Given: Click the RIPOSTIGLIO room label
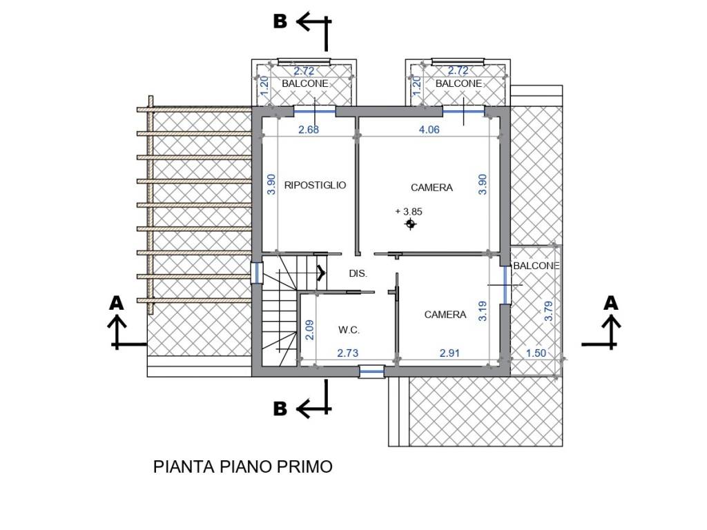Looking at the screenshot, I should point(315,185).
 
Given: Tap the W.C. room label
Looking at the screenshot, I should point(349,330).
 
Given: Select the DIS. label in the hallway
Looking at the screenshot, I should point(358,273).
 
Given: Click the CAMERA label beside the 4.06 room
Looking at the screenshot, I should point(432,187).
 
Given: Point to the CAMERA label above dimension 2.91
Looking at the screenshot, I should point(445,315).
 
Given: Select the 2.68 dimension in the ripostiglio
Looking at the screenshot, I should point(308,128).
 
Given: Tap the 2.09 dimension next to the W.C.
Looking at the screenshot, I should point(310,329).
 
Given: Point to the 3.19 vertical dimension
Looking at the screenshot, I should point(483,310).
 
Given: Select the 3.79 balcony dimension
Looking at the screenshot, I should point(549,310).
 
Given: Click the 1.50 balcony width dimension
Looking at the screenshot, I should point(536,353).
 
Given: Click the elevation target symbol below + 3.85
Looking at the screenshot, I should point(411,224).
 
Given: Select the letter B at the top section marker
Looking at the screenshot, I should point(280,21).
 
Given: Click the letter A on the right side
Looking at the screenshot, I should point(610,303).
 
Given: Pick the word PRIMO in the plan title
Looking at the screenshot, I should point(307,467).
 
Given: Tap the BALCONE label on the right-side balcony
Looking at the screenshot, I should point(536,266).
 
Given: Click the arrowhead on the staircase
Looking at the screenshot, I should point(322,273).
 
